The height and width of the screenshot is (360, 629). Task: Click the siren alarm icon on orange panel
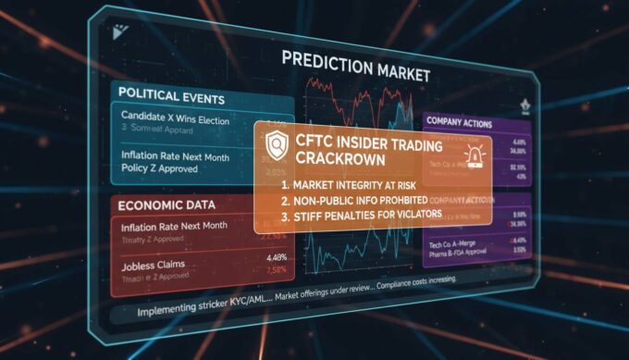477,156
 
